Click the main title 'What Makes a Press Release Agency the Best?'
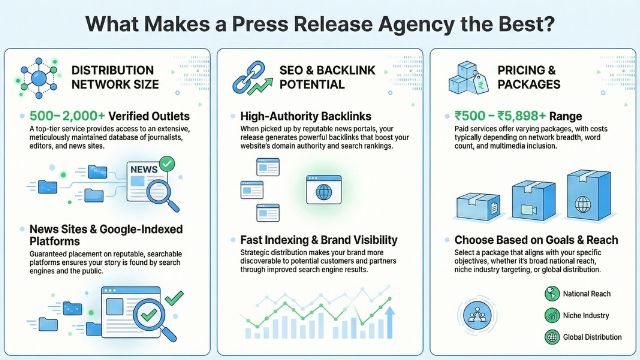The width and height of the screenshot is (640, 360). pos(319,23)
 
